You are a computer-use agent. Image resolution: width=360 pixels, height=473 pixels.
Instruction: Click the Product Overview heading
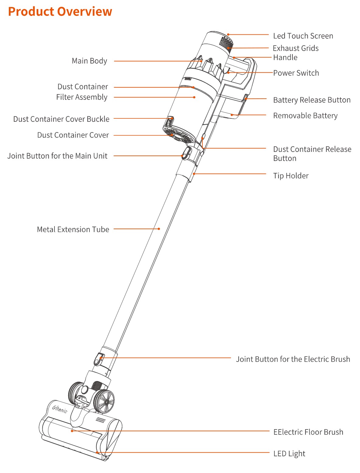tap(60, 12)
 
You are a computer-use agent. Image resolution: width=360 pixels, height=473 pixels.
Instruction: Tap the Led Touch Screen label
tap(303, 36)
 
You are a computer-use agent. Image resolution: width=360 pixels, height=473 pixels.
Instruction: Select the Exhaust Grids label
tap(295, 48)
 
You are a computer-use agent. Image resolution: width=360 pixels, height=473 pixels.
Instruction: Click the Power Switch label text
tap(296, 73)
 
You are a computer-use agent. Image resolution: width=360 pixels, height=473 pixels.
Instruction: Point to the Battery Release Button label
tap(312, 100)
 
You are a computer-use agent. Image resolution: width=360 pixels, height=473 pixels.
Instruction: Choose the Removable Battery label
tap(305, 116)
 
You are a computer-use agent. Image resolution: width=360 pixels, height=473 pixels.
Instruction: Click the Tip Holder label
tap(291, 176)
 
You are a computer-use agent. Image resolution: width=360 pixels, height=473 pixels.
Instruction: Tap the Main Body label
tap(89, 61)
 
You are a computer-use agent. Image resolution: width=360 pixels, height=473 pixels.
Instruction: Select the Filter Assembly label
tap(82, 97)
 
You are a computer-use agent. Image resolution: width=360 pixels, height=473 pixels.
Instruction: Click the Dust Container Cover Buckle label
tap(61, 119)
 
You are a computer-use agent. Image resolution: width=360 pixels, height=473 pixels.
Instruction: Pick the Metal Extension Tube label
tap(73, 229)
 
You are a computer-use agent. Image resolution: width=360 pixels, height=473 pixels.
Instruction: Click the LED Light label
tap(289, 454)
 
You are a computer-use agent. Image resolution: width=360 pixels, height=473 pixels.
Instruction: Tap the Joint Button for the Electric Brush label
tap(293, 359)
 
